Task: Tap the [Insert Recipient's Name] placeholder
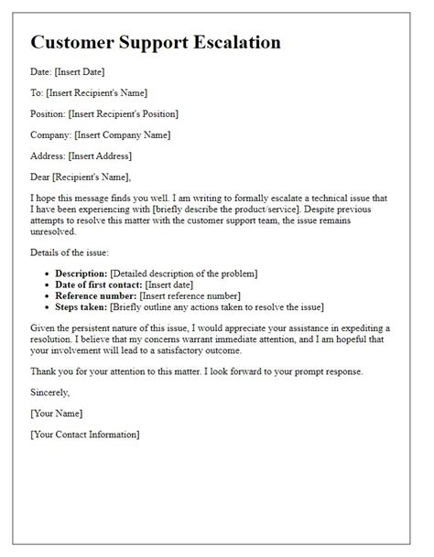[95, 93]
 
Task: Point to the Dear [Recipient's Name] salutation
[80, 177]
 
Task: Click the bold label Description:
[81, 273]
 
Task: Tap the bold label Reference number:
[95, 296]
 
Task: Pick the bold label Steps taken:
[81, 308]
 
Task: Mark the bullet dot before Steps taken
[47, 308]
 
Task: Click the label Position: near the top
[49, 113]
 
